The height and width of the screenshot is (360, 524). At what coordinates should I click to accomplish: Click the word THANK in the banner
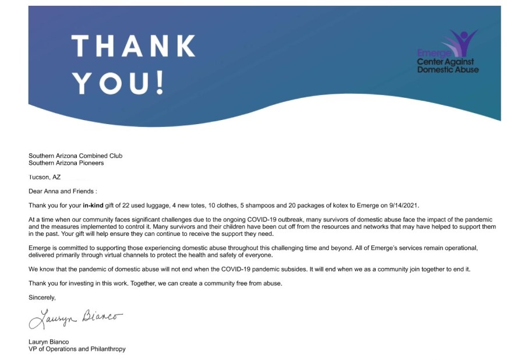click(x=133, y=46)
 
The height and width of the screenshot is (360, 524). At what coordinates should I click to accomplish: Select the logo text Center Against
click(x=445, y=62)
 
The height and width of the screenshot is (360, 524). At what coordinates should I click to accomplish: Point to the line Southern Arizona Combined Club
click(x=76, y=156)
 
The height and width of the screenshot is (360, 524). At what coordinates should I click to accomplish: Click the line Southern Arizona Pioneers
click(x=66, y=163)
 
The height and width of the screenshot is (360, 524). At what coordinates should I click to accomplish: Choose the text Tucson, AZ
click(x=44, y=177)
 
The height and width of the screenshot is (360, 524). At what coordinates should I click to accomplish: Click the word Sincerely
click(x=43, y=298)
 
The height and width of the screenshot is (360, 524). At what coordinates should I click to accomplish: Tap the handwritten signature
click(x=76, y=318)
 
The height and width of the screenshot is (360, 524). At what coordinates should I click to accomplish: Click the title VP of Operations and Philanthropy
click(x=77, y=349)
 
